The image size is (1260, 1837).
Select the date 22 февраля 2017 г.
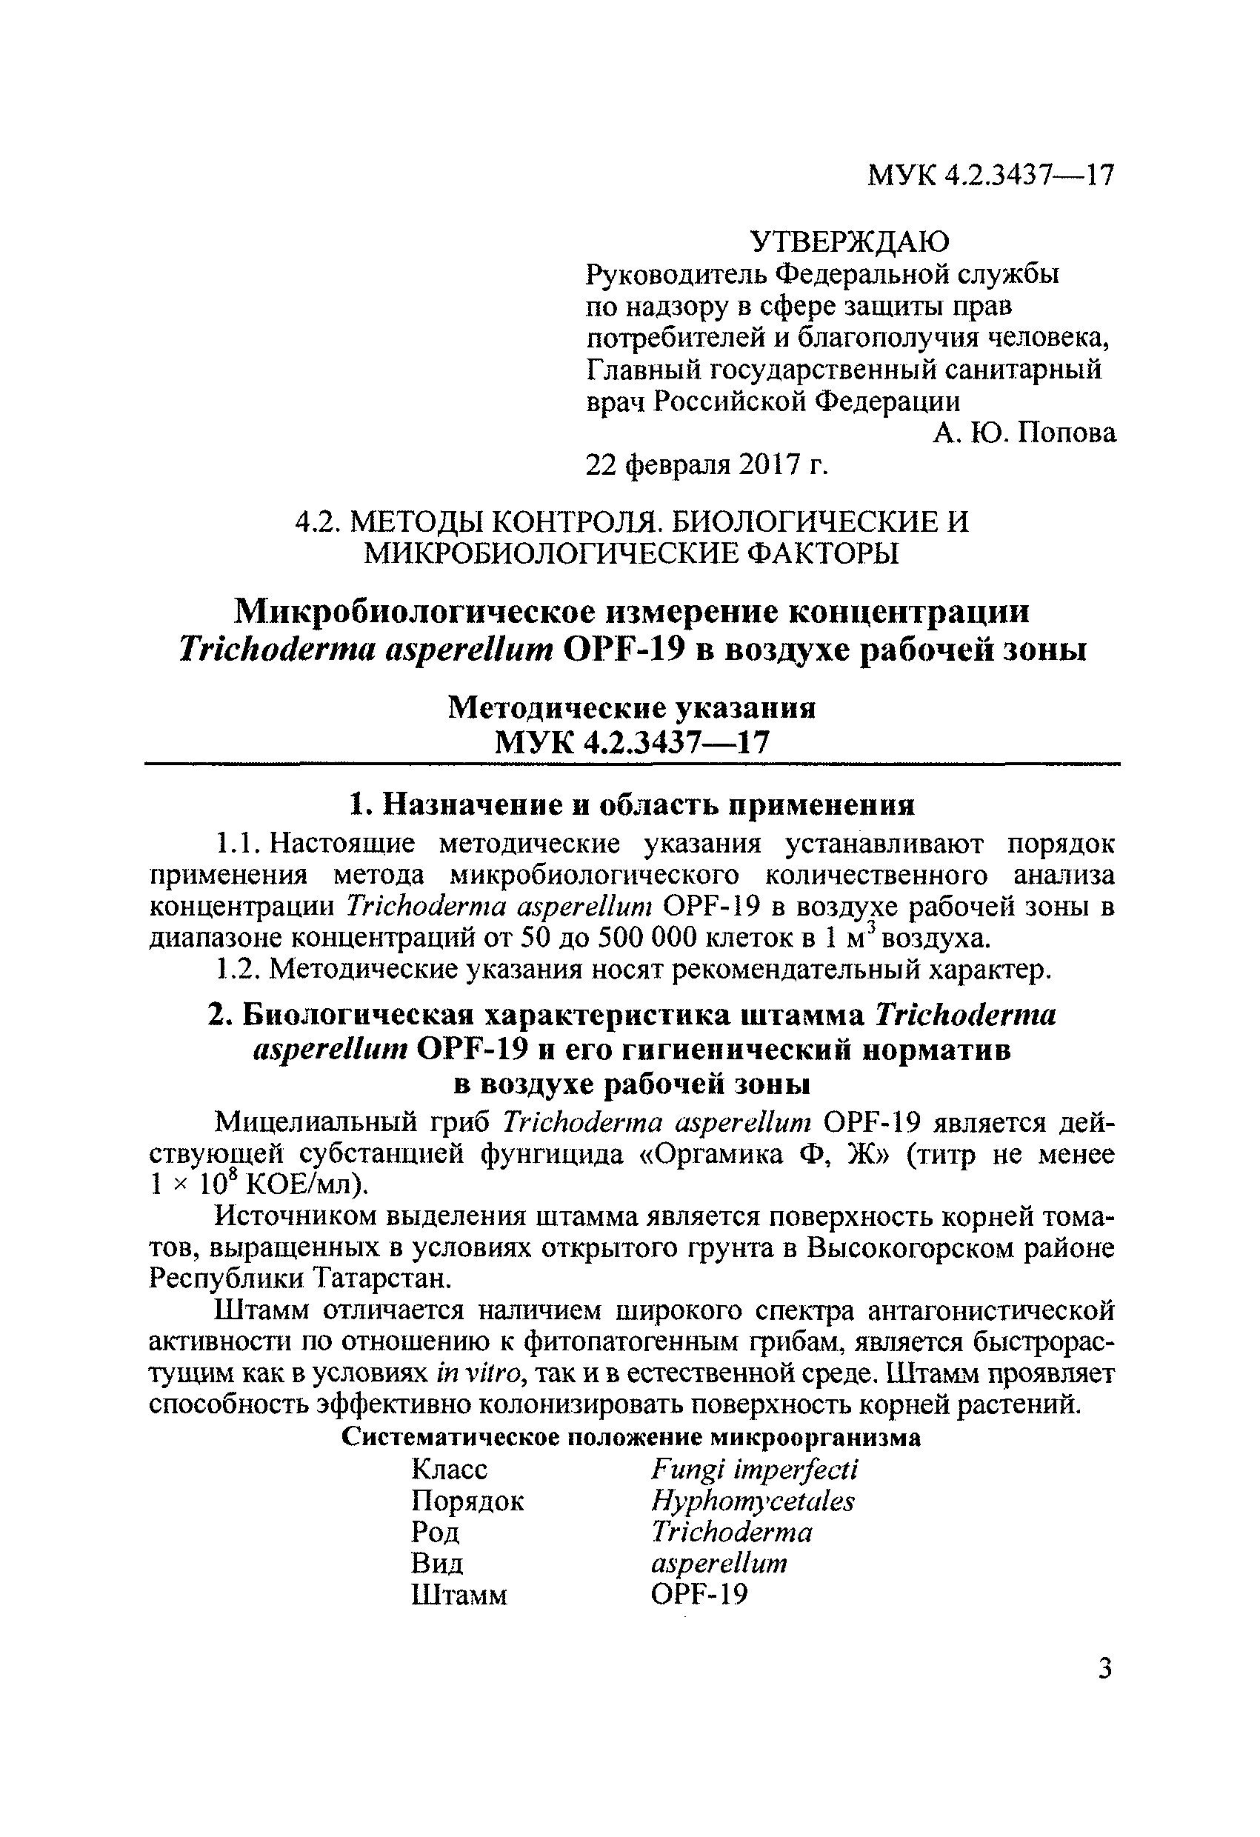tap(707, 467)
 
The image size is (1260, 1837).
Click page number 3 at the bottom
tap(1105, 1670)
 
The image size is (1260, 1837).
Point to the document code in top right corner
tap(990, 175)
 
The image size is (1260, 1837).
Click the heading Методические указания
tap(632, 707)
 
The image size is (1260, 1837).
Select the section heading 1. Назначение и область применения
tap(632, 804)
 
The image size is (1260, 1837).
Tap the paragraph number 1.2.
tap(236, 970)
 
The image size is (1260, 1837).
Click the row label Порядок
tap(467, 1501)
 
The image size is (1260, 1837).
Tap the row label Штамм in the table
tap(459, 1596)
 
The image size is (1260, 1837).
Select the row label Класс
tap(449, 1470)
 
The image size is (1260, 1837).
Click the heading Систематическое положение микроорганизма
tap(631, 1437)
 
